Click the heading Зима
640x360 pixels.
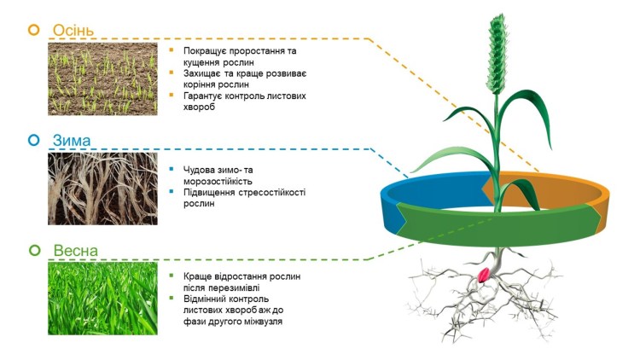click(x=72, y=139)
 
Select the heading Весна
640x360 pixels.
click(x=76, y=251)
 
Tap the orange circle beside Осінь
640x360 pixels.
click(x=34, y=30)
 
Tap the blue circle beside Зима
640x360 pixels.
click(x=34, y=139)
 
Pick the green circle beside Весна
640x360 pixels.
click(x=34, y=251)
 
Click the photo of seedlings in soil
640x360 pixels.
click(x=102, y=78)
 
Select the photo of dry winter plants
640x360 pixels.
click(x=102, y=188)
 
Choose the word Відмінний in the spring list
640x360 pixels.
click(x=210, y=299)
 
